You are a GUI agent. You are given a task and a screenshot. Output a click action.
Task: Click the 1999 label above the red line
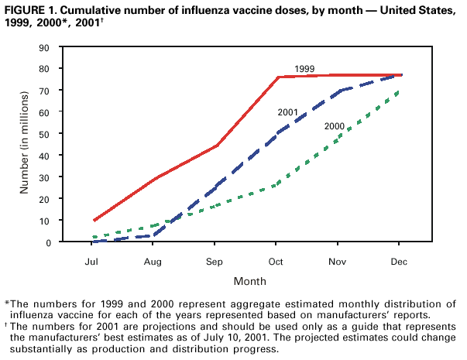tap(304, 69)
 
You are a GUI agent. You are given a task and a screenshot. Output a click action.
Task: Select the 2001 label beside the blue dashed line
tap(288, 112)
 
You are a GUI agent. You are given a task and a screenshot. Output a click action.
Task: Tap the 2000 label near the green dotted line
tap(335, 125)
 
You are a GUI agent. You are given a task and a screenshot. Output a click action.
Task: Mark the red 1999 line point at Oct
tap(278, 77)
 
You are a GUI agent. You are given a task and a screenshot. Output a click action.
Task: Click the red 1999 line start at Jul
tap(94, 221)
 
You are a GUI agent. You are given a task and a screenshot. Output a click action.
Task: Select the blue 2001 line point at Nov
tap(339, 91)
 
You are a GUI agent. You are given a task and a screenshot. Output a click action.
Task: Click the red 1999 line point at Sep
tap(217, 146)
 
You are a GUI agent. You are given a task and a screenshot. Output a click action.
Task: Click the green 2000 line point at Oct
tap(278, 185)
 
